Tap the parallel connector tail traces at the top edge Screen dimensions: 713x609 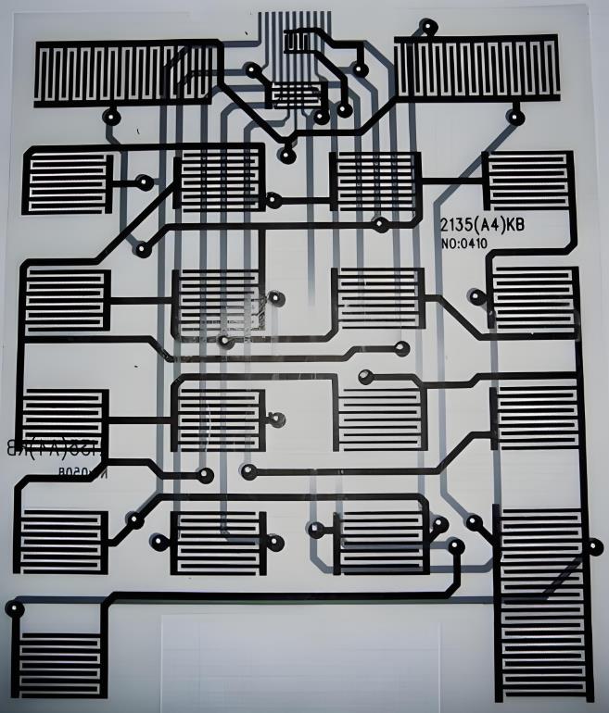click(x=290, y=28)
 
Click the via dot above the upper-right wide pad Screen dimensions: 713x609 click(x=427, y=26)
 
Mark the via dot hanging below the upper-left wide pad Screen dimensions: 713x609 click(x=113, y=118)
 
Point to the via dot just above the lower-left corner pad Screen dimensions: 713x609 click(x=14, y=608)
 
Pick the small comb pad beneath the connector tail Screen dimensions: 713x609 click(x=296, y=96)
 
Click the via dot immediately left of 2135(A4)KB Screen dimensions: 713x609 click(x=380, y=223)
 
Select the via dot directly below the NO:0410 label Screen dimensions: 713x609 click(x=476, y=297)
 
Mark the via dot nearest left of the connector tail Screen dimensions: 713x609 click(x=252, y=69)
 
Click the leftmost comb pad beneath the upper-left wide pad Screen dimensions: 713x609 click(x=66, y=180)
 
